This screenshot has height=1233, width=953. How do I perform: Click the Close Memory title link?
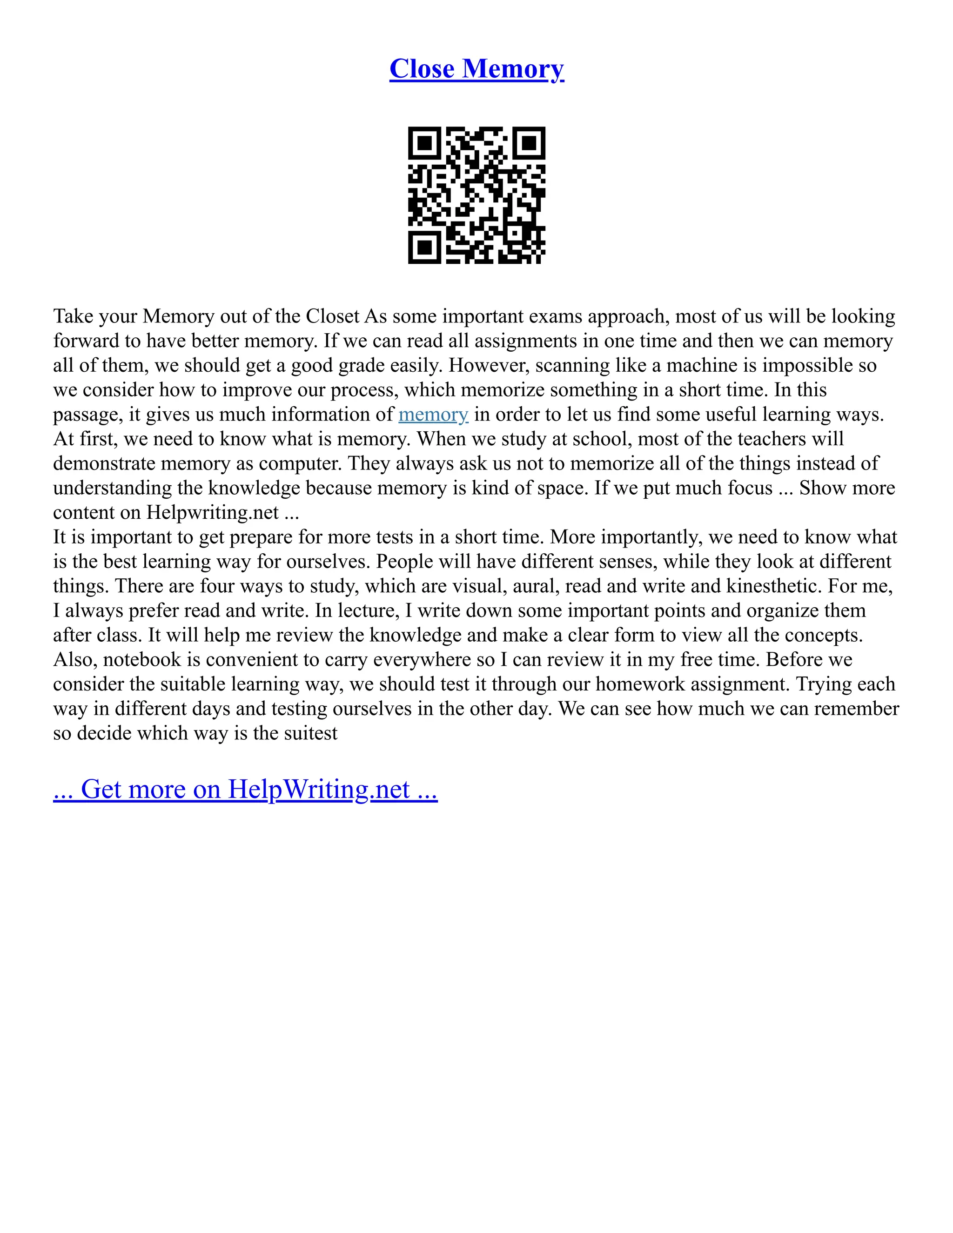click(476, 69)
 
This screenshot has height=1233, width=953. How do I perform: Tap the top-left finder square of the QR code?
click(424, 143)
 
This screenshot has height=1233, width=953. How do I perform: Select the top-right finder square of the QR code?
click(529, 143)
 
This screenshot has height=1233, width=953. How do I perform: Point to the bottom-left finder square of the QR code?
click(424, 247)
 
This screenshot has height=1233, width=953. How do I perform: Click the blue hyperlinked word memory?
click(433, 415)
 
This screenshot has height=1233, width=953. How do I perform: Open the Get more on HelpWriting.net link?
click(245, 789)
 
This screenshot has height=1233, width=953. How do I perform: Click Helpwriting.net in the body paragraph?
click(213, 513)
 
